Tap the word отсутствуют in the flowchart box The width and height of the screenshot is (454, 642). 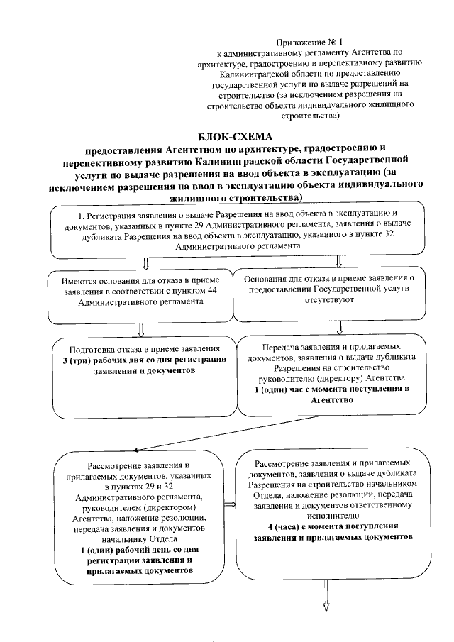coord(339,300)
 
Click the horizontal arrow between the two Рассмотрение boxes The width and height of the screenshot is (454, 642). coord(229,506)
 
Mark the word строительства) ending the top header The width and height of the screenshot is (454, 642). coord(311,114)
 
